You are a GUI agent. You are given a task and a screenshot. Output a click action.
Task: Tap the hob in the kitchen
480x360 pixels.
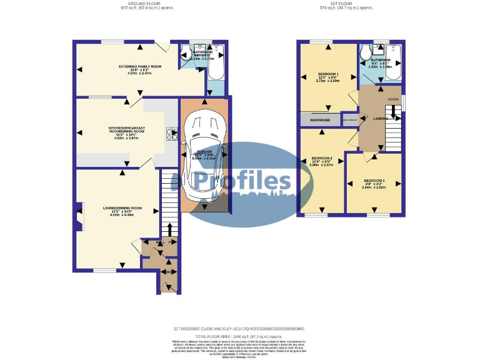pos(171,134)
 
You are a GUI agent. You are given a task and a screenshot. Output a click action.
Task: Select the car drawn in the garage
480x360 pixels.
pos(204,152)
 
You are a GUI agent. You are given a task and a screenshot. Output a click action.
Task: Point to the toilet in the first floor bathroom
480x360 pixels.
pos(366,52)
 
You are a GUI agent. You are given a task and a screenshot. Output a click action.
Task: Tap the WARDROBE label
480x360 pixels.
pos(320,119)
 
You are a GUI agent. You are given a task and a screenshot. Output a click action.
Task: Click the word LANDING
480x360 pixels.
pos(381,118)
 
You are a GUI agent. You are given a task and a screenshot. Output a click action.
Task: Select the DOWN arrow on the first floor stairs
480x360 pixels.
pos(393,99)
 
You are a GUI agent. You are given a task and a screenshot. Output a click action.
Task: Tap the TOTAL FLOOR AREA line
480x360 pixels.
pos(240,336)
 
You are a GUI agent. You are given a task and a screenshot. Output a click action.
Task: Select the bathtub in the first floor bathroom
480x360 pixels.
pos(393,63)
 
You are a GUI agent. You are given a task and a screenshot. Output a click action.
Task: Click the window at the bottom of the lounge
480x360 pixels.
pos(105,270)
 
